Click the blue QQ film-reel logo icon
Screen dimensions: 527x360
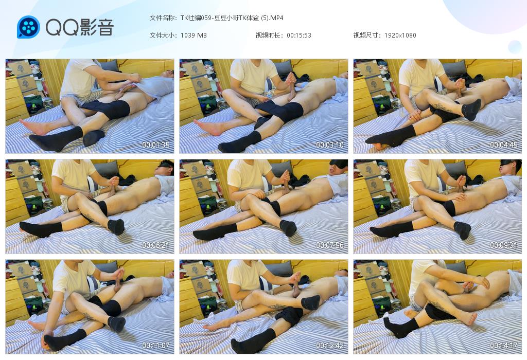click(29, 27)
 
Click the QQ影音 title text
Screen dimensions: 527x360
click(80, 27)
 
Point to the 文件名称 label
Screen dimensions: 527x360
click(162, 18)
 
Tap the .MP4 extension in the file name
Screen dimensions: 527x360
click(276, 18)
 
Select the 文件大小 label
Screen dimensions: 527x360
click(162, 35)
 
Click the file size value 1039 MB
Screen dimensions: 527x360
click(194, 35)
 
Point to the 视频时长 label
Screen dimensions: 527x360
click(268, 35)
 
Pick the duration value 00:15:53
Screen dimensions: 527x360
click(299, 35)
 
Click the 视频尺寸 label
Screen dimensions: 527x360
click(366, 35)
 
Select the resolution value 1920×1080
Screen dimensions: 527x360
click(400, 35)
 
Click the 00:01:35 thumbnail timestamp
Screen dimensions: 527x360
click(155, 145)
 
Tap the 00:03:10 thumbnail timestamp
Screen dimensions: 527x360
click(330, 145)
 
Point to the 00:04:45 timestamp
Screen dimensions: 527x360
click(503, 145)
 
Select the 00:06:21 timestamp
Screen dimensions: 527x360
click(155, 245)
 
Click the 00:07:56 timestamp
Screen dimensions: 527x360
click(330, 245)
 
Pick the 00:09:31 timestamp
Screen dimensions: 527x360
click(503, 245)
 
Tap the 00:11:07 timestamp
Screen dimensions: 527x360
click(155, 345)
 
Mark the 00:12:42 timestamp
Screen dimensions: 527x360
click(330, 345)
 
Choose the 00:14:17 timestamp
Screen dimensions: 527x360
click(503, 345)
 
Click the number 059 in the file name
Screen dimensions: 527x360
click(206, 18)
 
